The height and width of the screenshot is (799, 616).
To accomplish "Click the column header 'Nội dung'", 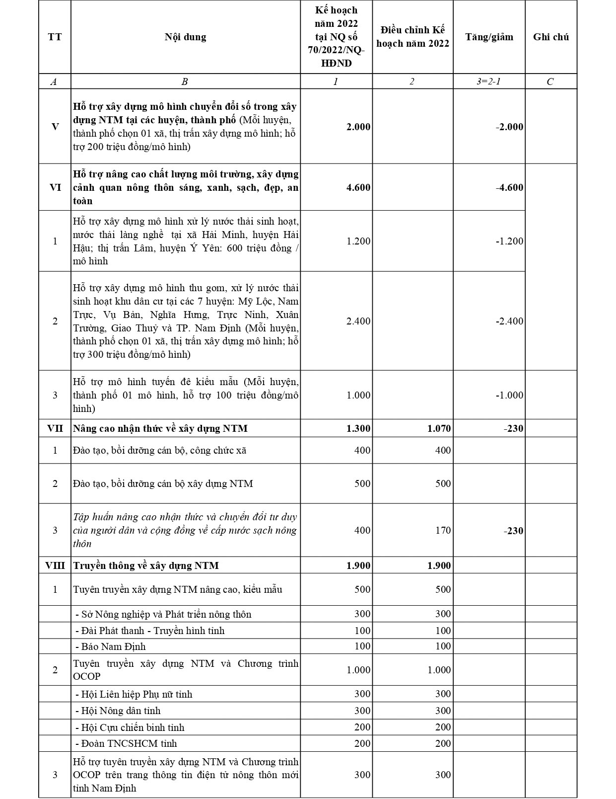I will coord(185,37).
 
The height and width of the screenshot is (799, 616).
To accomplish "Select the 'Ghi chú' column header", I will coord(550,37).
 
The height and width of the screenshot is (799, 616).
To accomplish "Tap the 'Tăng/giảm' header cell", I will coord(489,37).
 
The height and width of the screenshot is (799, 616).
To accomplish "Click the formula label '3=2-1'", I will coord(488,81).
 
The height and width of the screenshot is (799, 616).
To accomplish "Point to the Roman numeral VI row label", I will coord(55,187).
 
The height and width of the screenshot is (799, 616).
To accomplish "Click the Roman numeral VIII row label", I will coord(55,565).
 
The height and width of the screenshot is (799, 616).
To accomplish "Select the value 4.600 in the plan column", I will coord(358,187).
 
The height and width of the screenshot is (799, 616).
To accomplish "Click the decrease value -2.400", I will coord(509,321).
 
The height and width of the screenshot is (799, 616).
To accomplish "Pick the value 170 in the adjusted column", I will coord(443,530).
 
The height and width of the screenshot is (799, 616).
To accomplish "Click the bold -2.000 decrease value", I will coord(509,127).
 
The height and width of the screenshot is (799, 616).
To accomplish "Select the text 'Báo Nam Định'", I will coord(113,646).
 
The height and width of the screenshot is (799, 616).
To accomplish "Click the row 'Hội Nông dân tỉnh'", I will coord(121,711).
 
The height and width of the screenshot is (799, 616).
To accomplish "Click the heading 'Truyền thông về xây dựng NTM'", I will coord(146,565).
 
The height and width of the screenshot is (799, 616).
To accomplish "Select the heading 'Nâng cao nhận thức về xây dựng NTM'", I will coord(160,428).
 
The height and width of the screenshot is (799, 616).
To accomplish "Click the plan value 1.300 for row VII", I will coord(358,428).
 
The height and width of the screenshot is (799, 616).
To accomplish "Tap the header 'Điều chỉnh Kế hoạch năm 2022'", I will coord(412,37).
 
